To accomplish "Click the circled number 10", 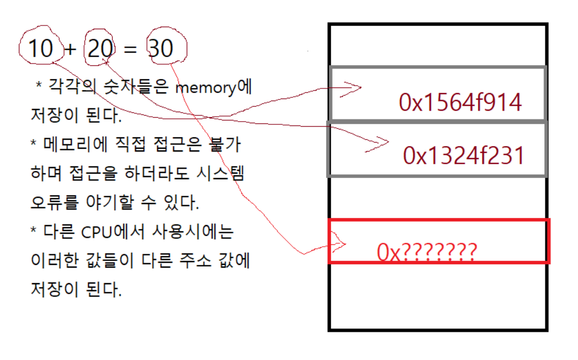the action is (x=40, y=49).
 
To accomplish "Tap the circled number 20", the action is (x=100, y=49).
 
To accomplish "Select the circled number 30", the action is (x=161, y=49).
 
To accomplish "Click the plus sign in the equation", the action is (x=70, y=50).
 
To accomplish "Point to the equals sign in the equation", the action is (x=130, y=50).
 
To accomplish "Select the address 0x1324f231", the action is (x=463, y=156).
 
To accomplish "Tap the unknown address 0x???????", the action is (x=426, y=253).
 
